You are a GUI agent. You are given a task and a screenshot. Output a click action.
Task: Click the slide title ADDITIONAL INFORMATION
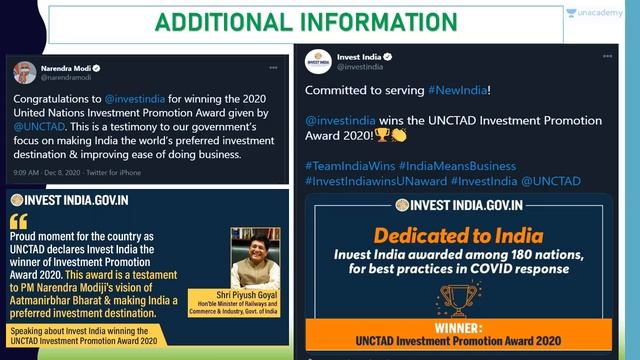(x=319, y=21)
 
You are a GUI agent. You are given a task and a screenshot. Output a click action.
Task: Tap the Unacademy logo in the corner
(x=600, y=14)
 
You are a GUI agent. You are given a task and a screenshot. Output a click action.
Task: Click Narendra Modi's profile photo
(x=25, y=73)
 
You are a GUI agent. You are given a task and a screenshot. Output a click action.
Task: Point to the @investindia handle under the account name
(x=360, y=67)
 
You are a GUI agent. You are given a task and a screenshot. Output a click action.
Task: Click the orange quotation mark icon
(x=18, y=221)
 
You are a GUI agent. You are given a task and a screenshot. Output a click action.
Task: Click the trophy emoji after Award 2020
(x=381, y=135)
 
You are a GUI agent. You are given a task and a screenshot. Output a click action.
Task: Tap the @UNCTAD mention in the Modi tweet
(x=36, y=128)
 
